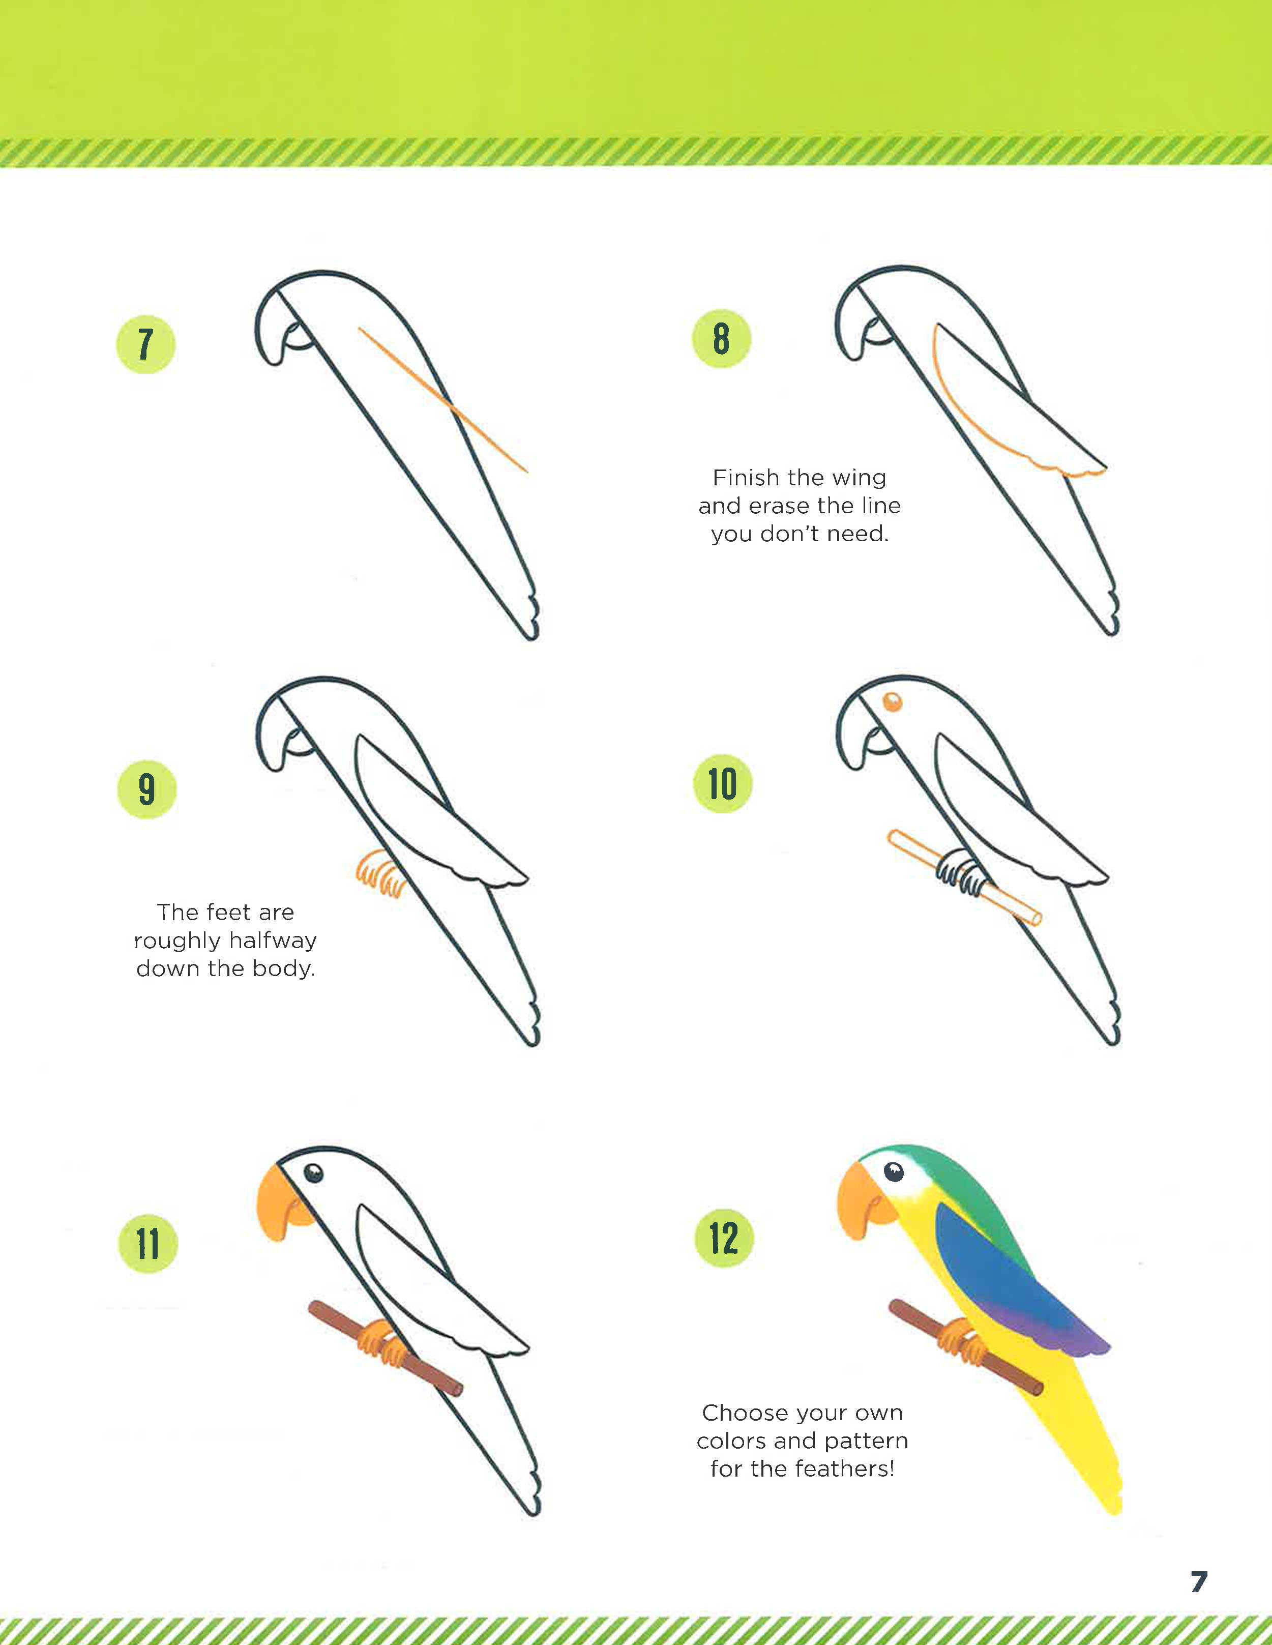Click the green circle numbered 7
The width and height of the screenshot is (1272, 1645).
[x=145, y=344]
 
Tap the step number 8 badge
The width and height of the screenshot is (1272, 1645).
[x=722, y=338]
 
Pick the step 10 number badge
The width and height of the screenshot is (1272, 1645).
[x=722, y=783]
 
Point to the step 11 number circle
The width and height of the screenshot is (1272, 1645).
[x=149, y=1244]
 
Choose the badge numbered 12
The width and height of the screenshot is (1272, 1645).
[x=724, y=1238]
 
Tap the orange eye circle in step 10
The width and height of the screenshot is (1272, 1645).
[x=892, y=702]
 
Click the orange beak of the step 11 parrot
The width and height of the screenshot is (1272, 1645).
[x=285, y=1203]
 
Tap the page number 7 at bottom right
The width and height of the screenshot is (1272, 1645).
[x=1198, y=1581]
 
